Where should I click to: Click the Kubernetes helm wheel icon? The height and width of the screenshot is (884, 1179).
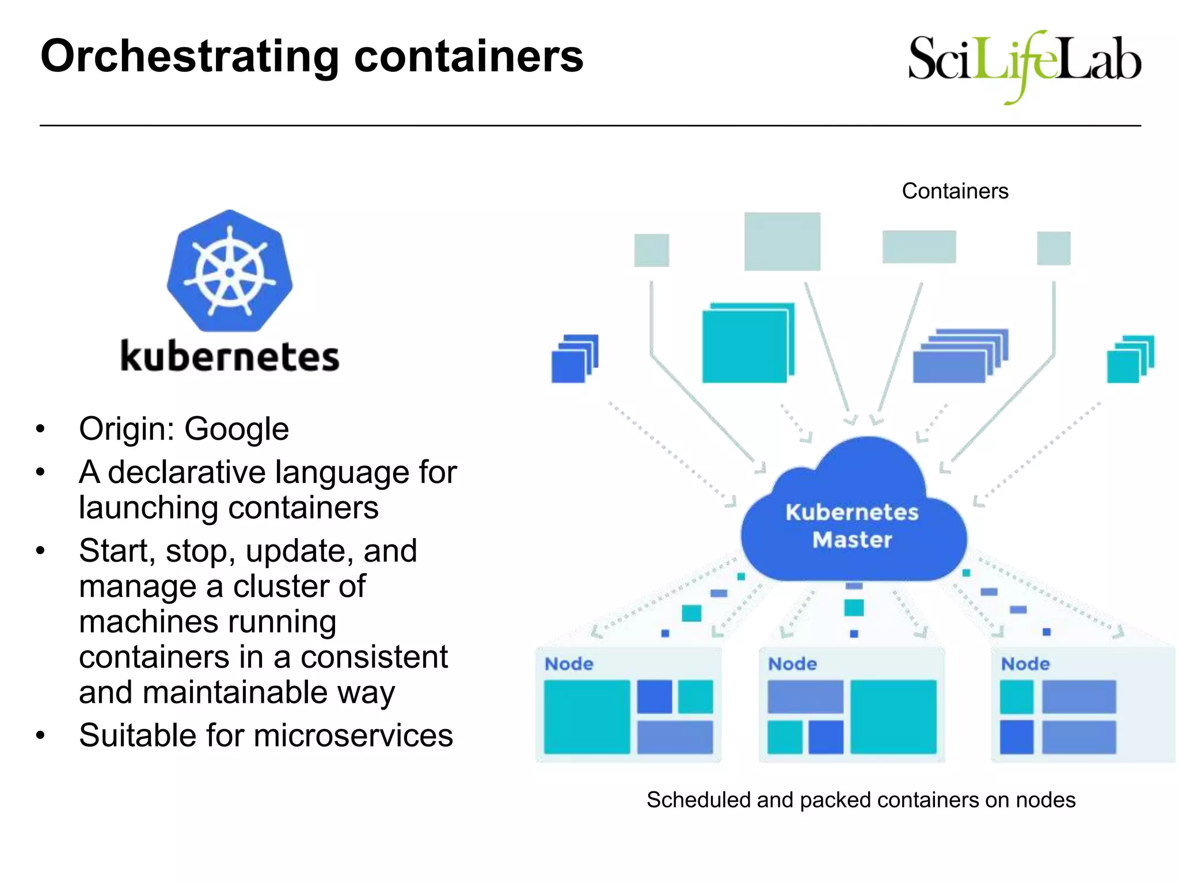(x=230, y=271)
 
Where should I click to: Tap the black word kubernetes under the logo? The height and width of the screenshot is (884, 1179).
(x=230, y=357)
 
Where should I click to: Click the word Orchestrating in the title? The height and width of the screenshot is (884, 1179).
(x=190, y=56)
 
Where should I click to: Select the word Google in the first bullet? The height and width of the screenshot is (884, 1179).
(x=236, y=429)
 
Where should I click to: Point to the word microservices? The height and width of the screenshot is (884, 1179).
(x=353, y=736)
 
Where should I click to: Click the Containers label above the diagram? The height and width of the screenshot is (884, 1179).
(x=954, y=191)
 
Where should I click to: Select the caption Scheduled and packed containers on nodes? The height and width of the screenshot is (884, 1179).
(x=861, y=800)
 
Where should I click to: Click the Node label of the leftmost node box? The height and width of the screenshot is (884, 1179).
(x=569, y=664)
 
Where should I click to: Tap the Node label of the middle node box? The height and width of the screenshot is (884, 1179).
(x=792, y=664)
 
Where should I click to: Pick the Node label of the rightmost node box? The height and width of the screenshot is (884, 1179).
(x=1025, y=664)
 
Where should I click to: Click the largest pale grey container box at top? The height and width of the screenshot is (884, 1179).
(x=782, y=241)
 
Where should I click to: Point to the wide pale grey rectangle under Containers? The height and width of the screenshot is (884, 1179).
(x=919, y=247)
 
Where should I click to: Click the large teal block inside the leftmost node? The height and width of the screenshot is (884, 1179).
(x=587, y=717)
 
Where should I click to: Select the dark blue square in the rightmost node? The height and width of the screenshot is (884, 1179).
(x=1016, y=737)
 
